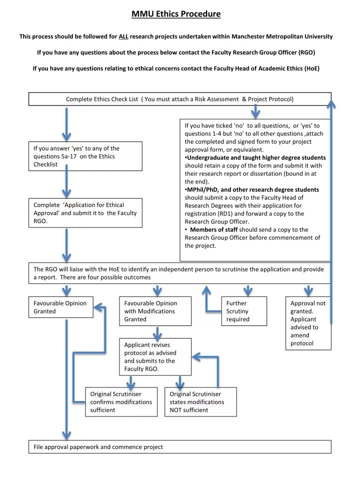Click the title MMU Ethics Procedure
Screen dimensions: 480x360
coord(176,14)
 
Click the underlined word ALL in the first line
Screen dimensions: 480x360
coord(123,36)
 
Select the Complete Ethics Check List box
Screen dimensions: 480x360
coord(179,99)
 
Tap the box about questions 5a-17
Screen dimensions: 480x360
coord(84,156)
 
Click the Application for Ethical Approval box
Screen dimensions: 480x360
coord(84,213)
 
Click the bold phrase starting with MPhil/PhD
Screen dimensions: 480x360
coord(252,189)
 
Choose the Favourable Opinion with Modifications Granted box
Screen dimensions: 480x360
coord(155,311)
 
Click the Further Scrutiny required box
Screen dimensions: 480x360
coord(243,311)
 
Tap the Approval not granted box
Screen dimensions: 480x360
coord(308,323)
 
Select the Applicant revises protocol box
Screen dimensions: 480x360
coord(155,356)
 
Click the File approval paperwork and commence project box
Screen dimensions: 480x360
coord(179,446)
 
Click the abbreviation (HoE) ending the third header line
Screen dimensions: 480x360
coord(311,68)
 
